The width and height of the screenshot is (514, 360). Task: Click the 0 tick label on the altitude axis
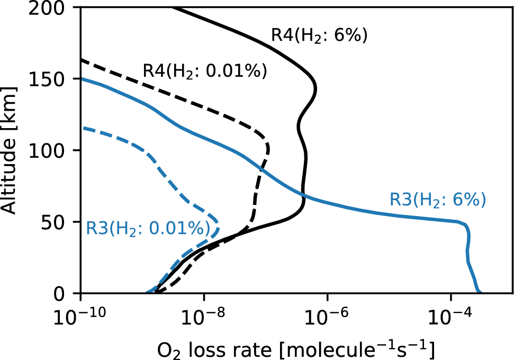pos(68,293)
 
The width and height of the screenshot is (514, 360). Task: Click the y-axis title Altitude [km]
pos(12,151)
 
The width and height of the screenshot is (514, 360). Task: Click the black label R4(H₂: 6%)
pos(319,36)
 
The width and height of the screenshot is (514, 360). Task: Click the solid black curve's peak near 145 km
pos(316,87)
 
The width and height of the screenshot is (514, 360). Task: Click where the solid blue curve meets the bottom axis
pos(479,292)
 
